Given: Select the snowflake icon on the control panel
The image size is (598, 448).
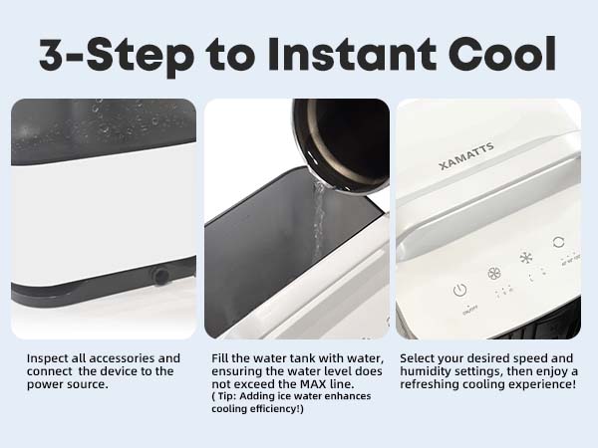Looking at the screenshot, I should (x=526, y=258).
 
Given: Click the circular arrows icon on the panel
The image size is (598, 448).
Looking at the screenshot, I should (x=559, y=243).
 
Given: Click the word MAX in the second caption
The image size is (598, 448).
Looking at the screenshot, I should (x=339, y=384).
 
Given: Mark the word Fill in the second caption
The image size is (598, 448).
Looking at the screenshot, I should (x=223, y=358).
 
